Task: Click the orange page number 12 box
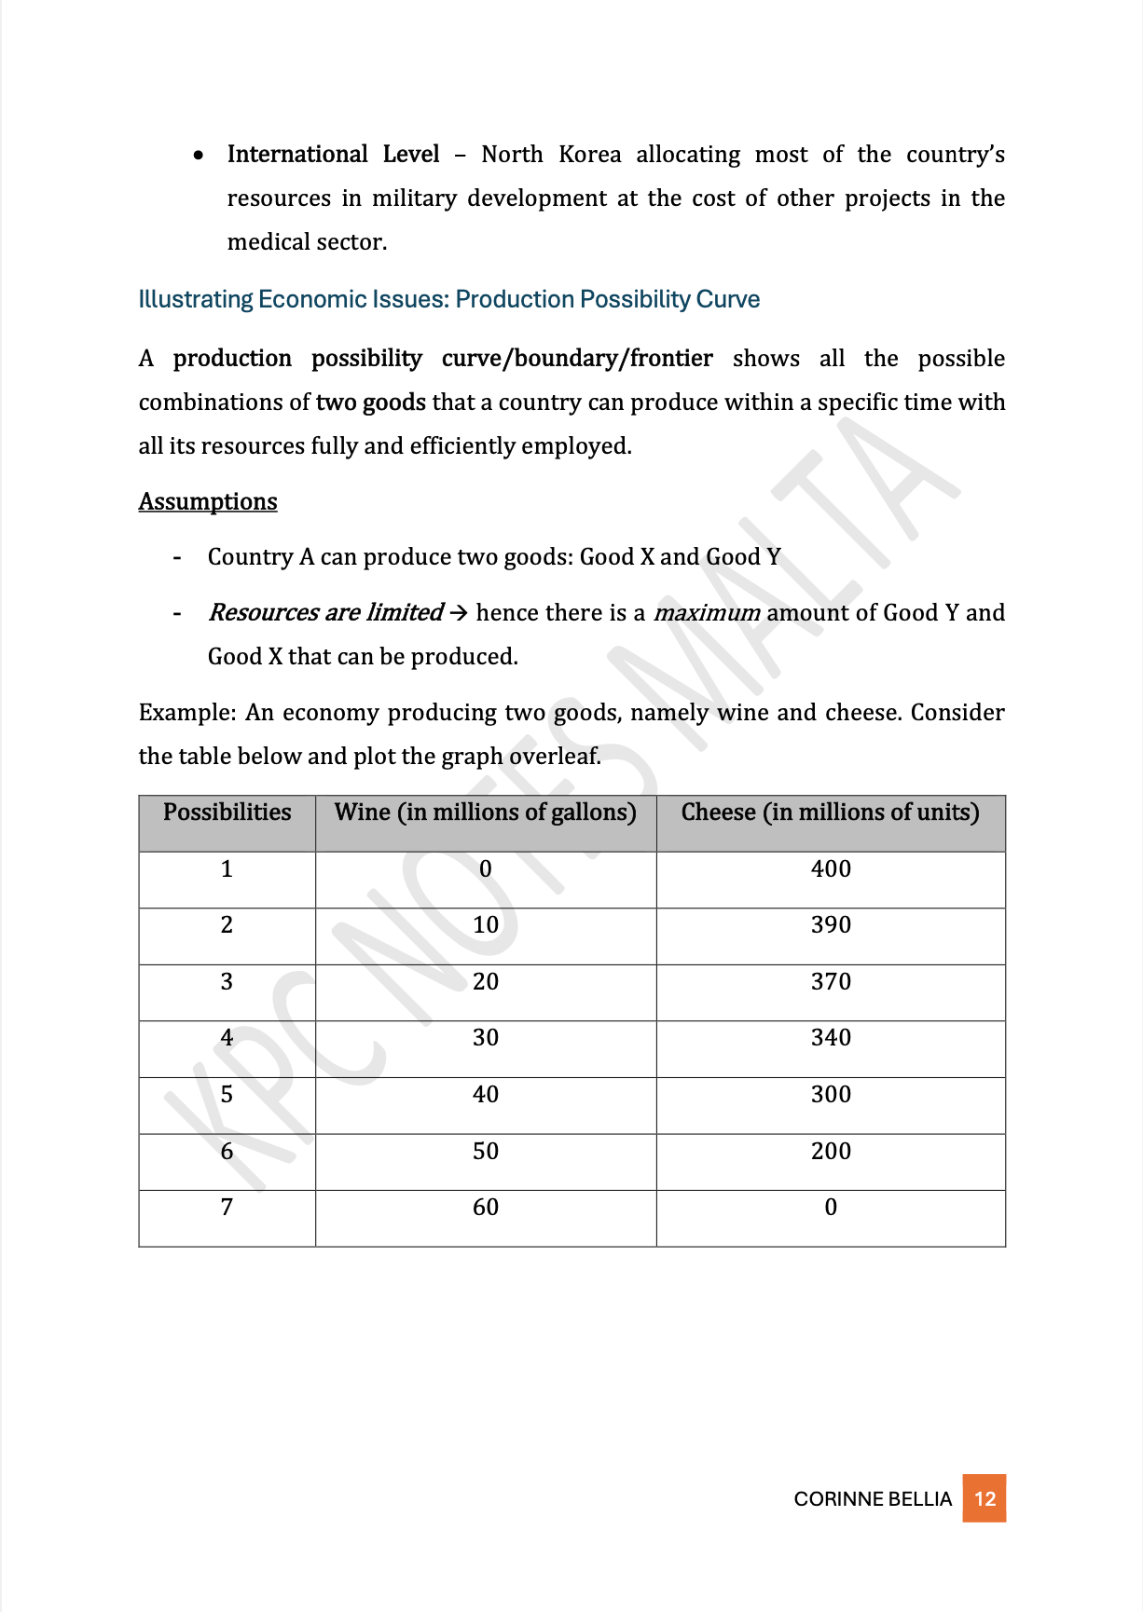tap(985, 1498)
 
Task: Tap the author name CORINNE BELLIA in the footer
tap(873, 1498)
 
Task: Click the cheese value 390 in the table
tap(831, 924)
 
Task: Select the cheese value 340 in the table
tap(831, 1037)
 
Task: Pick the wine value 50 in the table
tap(486, 1151)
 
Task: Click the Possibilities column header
tap(227, 813)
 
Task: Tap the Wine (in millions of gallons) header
tap(486, 813)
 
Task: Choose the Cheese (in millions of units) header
tap(831, 813)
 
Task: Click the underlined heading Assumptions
tap(208, 501)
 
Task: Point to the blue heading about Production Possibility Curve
tap(448, 299)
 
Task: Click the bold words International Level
tap(333, 154)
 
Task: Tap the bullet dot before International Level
tap(199, 155)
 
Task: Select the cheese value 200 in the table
tap(831, 1151)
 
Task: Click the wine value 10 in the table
tap(486, 924)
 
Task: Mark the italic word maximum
tap(707, 613)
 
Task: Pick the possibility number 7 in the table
tap(227, 1207)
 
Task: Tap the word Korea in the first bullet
tap(589, 154)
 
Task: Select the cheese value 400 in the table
tap(831, 868)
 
